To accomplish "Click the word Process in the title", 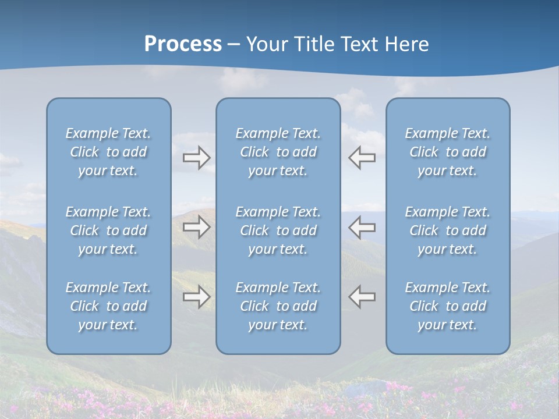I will pos(183,44).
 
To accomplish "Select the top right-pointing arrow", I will pos(197,158).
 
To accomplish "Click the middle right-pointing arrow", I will pos(197,227).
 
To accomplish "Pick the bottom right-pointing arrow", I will pos(197,297).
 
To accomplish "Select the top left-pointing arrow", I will pos(362,158).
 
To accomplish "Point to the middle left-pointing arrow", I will pos(362,227).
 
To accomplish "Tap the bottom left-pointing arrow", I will pos(362,297).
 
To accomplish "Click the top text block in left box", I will pos(108,152).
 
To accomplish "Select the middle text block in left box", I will pos(108,230).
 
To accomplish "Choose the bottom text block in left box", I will pos(108,306).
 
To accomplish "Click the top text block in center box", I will pos(278,152).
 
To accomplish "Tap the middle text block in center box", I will pos(278,230).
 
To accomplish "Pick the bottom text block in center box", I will pos(278,306).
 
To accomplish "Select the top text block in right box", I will pos(447,152).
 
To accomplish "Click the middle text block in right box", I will pos(447,230).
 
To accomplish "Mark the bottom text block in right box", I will pos(447,306).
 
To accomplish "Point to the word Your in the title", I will pos(267,44).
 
